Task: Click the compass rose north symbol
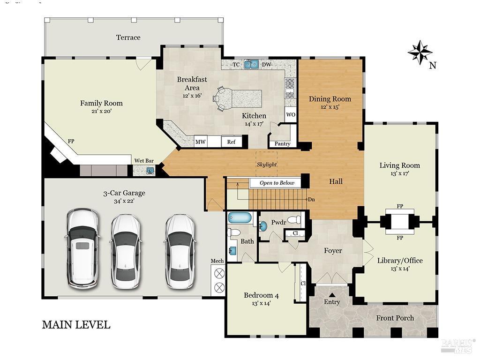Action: (420, 52)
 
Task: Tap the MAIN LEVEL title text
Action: (76, 324)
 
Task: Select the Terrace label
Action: (128, 37)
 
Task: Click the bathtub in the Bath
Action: (240, 217)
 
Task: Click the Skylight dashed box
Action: (266, 164)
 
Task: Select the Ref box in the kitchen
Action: (232, 142)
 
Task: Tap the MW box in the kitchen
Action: (201, 142)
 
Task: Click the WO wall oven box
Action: (291, 115)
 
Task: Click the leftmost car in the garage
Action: (83, 248)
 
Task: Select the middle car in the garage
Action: (125, 250)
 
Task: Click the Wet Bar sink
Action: (150, 170)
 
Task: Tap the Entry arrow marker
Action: (332, 295)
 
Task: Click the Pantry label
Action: (283, 144)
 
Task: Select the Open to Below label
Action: (277, 183)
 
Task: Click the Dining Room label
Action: (330, 99)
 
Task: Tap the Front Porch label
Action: (395, 318)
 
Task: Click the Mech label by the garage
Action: (217, 261)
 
